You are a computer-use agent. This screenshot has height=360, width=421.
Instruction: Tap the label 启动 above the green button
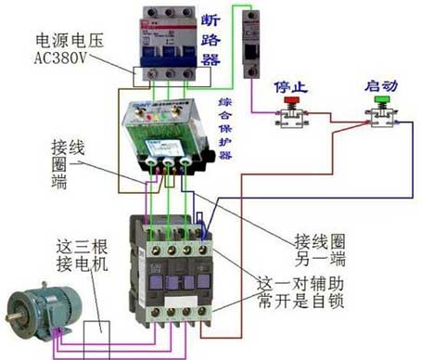380,85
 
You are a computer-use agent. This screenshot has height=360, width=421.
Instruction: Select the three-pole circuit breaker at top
167,42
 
